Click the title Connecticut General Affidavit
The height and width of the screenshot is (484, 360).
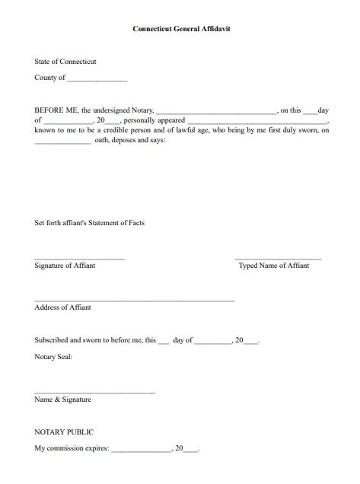pos(180,27)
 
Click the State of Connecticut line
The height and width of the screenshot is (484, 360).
pos(65,61)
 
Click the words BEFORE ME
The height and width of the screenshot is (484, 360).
pos(57,110)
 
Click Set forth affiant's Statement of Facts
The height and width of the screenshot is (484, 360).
pos(90,223)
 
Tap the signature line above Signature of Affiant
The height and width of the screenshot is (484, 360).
pos(79,260)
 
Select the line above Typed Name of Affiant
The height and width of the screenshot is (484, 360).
pos(278,260)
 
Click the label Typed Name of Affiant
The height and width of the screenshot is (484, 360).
pos(274,266)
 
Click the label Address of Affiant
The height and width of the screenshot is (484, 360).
pos(62,307)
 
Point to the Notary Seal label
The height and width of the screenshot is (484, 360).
pos(53,356)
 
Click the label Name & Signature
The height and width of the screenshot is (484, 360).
pos(62,399)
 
